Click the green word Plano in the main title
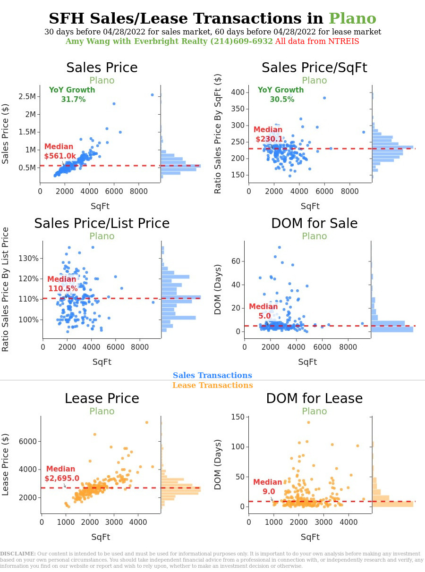(352, 19)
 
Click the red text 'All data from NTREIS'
(317, 42)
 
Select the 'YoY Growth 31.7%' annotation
(72, 95)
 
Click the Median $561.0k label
(60, 151)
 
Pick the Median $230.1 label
(268, 135)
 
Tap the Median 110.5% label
(62, 284)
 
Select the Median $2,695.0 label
(61, 474)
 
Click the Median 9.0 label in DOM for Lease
(268, 487)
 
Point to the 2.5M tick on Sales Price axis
(27, 97)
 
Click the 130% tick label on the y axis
(29, 258)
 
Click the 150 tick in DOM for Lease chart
(238, 417)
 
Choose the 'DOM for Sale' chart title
(314, 223)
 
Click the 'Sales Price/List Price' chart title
(102, 223)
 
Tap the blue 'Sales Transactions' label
(212, 376)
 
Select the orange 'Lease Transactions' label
(212, 386)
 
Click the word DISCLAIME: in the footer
(18, 554)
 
